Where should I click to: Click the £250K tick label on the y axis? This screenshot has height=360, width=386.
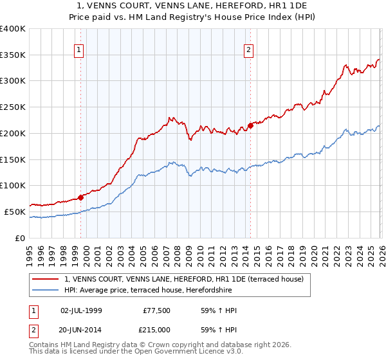[x=12, y=107]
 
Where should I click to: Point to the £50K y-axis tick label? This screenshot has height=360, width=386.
[x=14, y=212]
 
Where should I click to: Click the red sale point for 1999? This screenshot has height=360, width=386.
[x=80, y=197]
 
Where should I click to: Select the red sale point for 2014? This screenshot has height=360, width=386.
[x=250, y=125]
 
